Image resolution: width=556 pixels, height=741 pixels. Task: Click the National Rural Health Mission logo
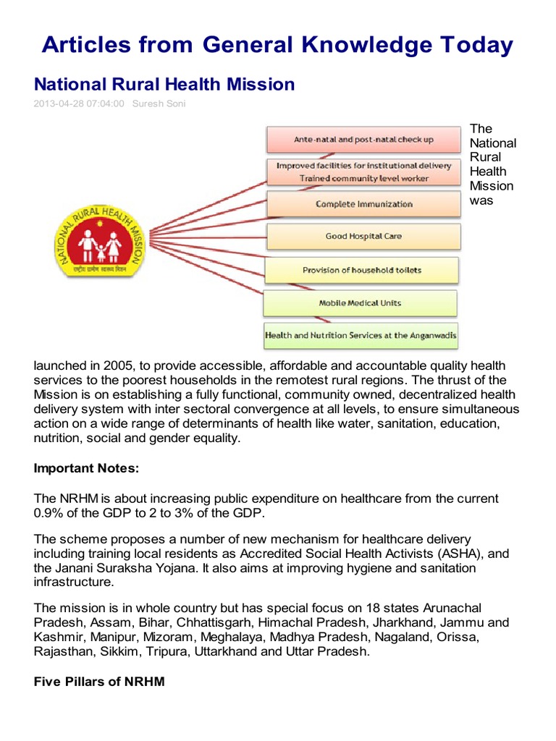tap(100, 237)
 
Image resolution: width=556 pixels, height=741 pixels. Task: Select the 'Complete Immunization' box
tap(363, 204)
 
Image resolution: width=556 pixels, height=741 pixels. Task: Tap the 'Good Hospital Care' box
tap(363, 237)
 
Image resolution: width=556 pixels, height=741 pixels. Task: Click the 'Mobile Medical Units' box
tap(360, 303)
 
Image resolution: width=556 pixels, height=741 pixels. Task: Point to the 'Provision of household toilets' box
tap(361, 270)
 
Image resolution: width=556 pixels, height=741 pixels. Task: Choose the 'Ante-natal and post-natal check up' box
tap(363, 140)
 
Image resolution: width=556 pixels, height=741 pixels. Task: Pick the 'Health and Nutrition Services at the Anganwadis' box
tap(361, 336)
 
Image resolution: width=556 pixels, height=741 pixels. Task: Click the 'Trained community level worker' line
tap(363, 178)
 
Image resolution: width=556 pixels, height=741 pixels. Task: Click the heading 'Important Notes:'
tap(85, 469)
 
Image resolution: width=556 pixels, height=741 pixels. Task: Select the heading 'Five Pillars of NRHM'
tap(99, 681)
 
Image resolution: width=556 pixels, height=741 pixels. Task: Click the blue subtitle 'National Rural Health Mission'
tap(164, 85)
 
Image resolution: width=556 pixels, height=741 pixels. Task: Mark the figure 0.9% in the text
tap(49, 513)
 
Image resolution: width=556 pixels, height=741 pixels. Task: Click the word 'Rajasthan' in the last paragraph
tap(62, 651)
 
